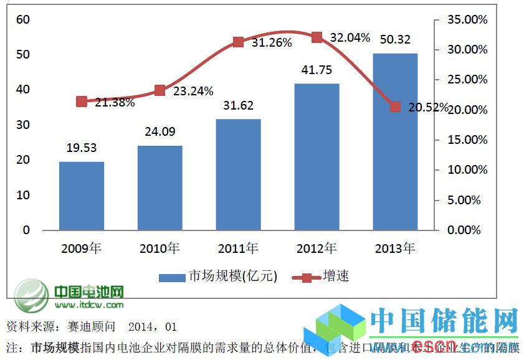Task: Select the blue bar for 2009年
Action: point(82,196)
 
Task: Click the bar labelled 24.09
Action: point(160,187)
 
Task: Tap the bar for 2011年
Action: point(239,174)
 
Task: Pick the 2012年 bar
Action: point(317,156)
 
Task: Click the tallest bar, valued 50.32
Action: point(395,141)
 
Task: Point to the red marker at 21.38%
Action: point(82,102)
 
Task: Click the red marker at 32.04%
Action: point(317,37)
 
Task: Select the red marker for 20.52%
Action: point(395,107)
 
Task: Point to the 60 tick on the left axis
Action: point(23,19)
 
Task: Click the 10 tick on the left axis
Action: point(23,195)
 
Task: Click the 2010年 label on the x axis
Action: point(160,249)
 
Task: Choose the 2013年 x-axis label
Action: point(395,249)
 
